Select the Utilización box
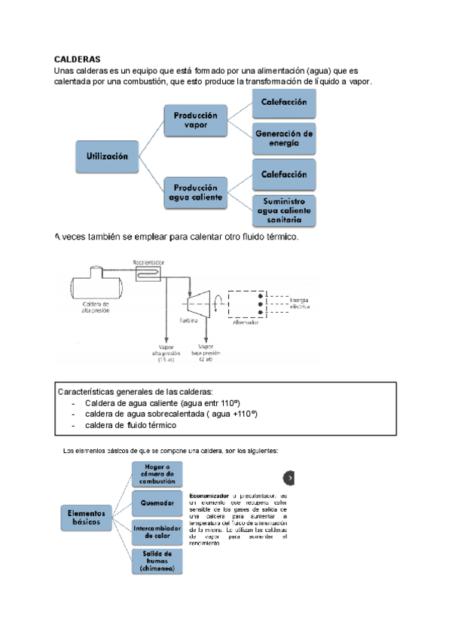[107, 156]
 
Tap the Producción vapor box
[195, 120]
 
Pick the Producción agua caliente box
[195, 193]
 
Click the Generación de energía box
[283, 138]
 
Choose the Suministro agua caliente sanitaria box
[283, 210]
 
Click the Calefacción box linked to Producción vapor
[283, 102]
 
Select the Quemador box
[157, 503]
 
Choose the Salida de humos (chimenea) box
[157, 561]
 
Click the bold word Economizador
[209, 495]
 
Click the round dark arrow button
[290, 478]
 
